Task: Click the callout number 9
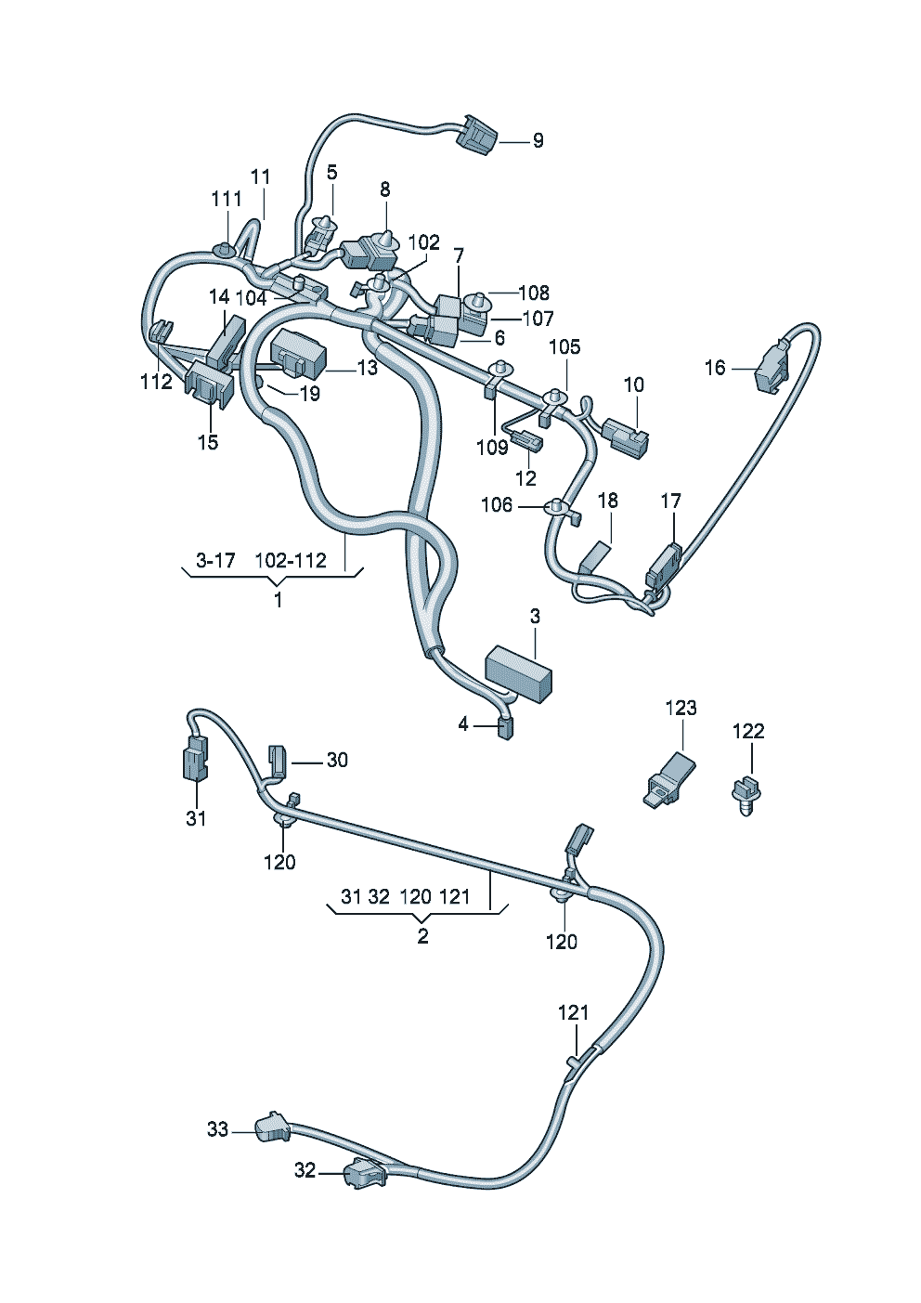pos(538,141)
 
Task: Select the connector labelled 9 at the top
pos(477,136)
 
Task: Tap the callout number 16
pos(714,368)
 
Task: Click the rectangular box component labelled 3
pos(518,671)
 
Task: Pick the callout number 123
pos(681,708)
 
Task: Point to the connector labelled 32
pos(362,1173)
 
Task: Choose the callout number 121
pos(573,1012)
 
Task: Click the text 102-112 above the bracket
pos(291,560)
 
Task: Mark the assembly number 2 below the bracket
pos(422,936)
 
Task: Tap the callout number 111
pos(227,199)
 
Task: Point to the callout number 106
pos(497,504)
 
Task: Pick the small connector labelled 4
pos(504,727)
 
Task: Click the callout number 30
pos(337,761)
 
